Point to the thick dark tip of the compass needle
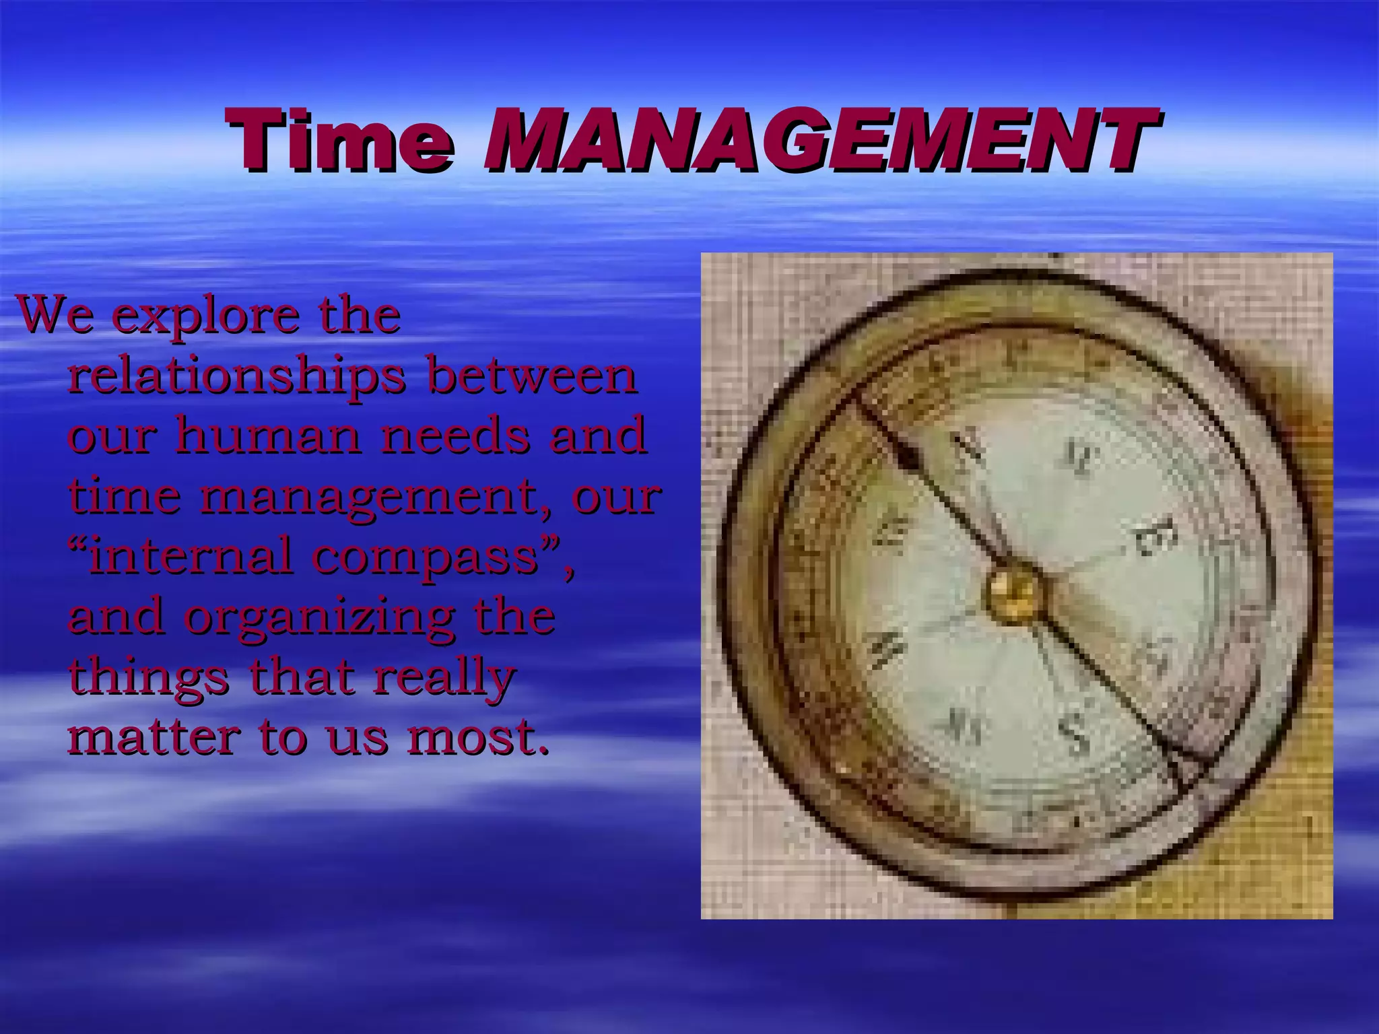coord(909,459)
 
